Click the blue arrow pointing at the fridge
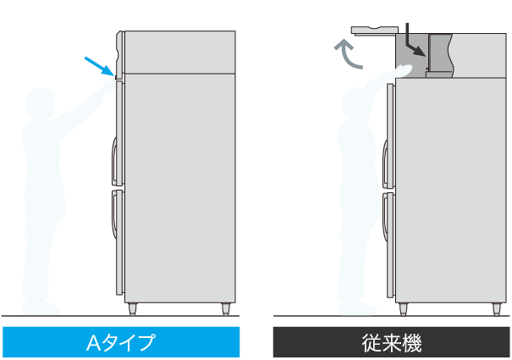pyautogui.click(x=100, y=67)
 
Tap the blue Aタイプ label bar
pyautogui.click(x=121, y=342)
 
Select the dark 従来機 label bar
pyautogui.click(x=391, y=342)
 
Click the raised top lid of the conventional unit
pyautogui.click(x=375, y=30)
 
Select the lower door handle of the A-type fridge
pyautogui.click(x=114, y=214)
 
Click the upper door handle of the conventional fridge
pyautogui.click(x=386, y=164)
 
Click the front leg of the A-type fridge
pyautogui.click(x=132, y=308)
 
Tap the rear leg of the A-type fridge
pyautogui.click(x=226, y=308)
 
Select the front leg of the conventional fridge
pyautogui.click(x=404, y=309)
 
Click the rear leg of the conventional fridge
pyautogui.click(x=496, y=309)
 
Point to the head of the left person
pyautogui.click(x=40, y=102)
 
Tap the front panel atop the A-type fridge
pyautogui.click(x=119, y=54)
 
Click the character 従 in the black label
pyautogui.click(x=372, y=343)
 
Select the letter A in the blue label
pyautogui.click(x=94, y=343)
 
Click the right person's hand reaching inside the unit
pyautogui.click(x=405, y=69)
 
